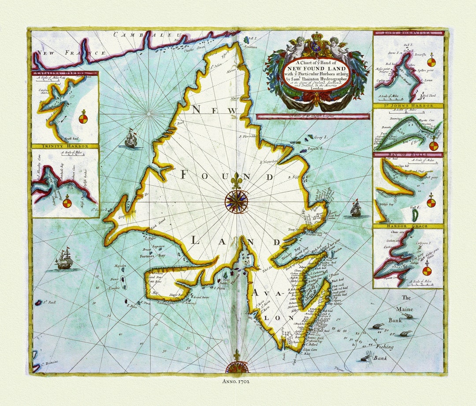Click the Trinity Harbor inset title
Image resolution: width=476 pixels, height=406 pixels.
point(65,146)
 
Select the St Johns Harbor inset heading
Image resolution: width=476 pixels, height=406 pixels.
point(408,106)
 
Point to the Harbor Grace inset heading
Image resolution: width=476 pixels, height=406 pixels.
point(408,226)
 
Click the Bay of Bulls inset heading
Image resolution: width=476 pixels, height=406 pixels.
point(408,155)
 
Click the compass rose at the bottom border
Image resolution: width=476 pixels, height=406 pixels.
point(237,367)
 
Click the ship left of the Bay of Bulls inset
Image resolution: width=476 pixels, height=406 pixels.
point(356,209)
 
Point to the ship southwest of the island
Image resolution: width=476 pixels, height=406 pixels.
point(64,259)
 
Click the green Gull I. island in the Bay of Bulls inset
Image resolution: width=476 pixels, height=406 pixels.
point(415,215)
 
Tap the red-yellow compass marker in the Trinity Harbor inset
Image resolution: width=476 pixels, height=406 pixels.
point(67,203)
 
